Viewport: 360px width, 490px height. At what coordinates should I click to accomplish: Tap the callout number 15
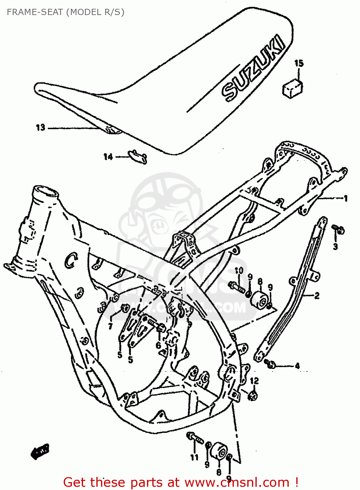pos(299,63)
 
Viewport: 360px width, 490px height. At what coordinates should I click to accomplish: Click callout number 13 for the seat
pos(41,127)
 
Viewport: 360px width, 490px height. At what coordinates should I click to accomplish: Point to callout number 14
pos(108,157)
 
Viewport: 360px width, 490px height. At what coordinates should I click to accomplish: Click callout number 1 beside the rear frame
pos(345,198)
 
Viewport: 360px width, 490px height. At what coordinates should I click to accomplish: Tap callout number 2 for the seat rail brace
pos(317,296)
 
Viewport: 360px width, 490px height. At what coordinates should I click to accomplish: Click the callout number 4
pos(297,366)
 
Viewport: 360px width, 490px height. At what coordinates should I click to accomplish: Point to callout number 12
pos(254,381)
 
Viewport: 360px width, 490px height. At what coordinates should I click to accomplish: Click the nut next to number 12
pos(253,396)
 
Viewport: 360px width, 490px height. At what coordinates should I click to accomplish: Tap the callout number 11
pos(194,457)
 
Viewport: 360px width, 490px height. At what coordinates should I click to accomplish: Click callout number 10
pos(239,270)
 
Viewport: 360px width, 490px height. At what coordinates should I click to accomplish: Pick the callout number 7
pos(110,326)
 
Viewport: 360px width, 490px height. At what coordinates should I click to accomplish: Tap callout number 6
pos(158,345)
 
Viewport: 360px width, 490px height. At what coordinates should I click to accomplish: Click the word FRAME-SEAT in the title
pos(35,12)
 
